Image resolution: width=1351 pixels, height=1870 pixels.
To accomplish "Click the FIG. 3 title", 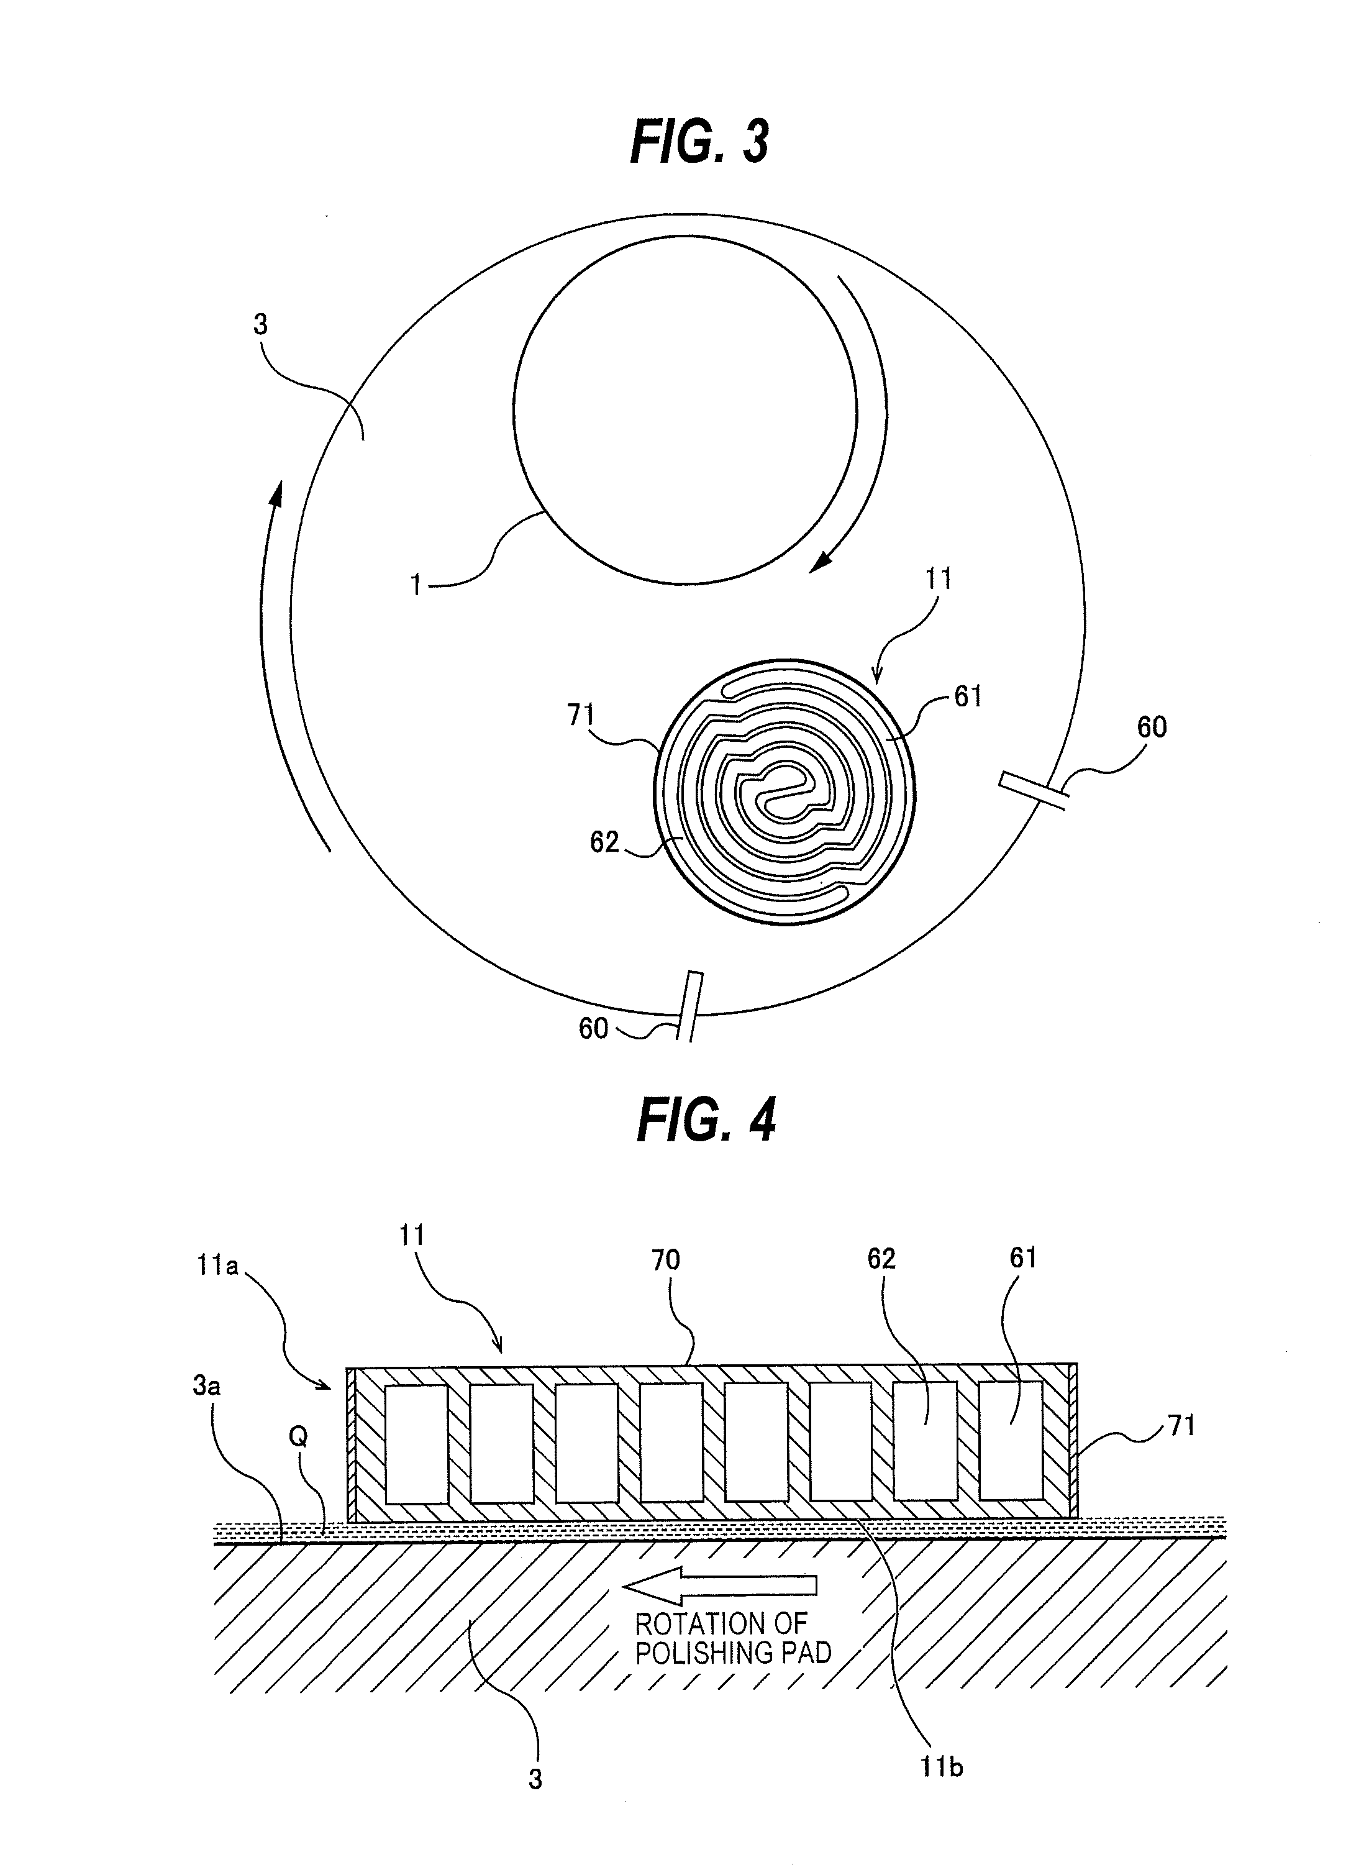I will (x=699, y=142).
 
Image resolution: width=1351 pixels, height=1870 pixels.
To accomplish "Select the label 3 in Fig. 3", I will (x=260, y=324).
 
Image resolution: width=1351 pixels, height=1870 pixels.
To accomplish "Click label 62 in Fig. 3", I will (x=604, y=842).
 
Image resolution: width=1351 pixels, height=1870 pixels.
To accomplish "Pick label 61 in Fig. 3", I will (x=968, y=696).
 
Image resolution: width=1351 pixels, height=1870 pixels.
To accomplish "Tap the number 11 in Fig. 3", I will (x=938, y=579).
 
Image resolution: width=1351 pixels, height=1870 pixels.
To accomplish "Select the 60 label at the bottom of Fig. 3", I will (x=593, y=1028).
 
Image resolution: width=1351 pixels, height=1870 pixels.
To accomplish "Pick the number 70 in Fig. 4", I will (x=666, y=1260).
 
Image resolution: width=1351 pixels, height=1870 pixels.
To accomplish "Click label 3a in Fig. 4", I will (x=207, y=1386).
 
